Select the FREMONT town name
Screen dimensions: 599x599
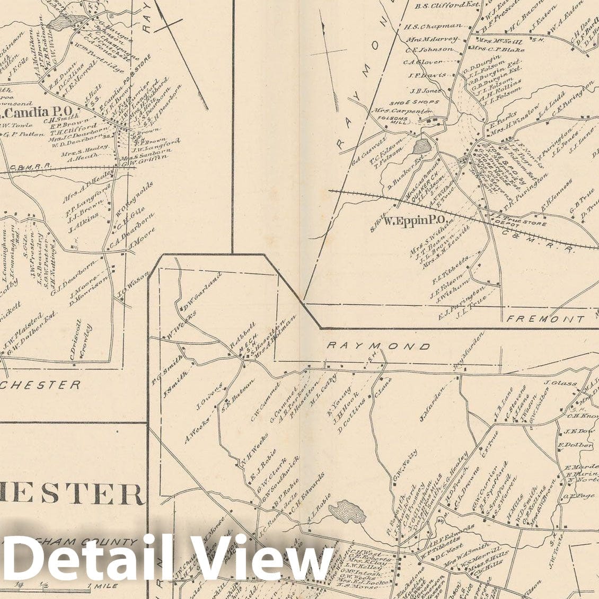click(546, 319)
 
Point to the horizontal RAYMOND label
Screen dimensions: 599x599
click(378, 346)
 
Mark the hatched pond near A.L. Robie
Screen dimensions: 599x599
click(348, 512)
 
